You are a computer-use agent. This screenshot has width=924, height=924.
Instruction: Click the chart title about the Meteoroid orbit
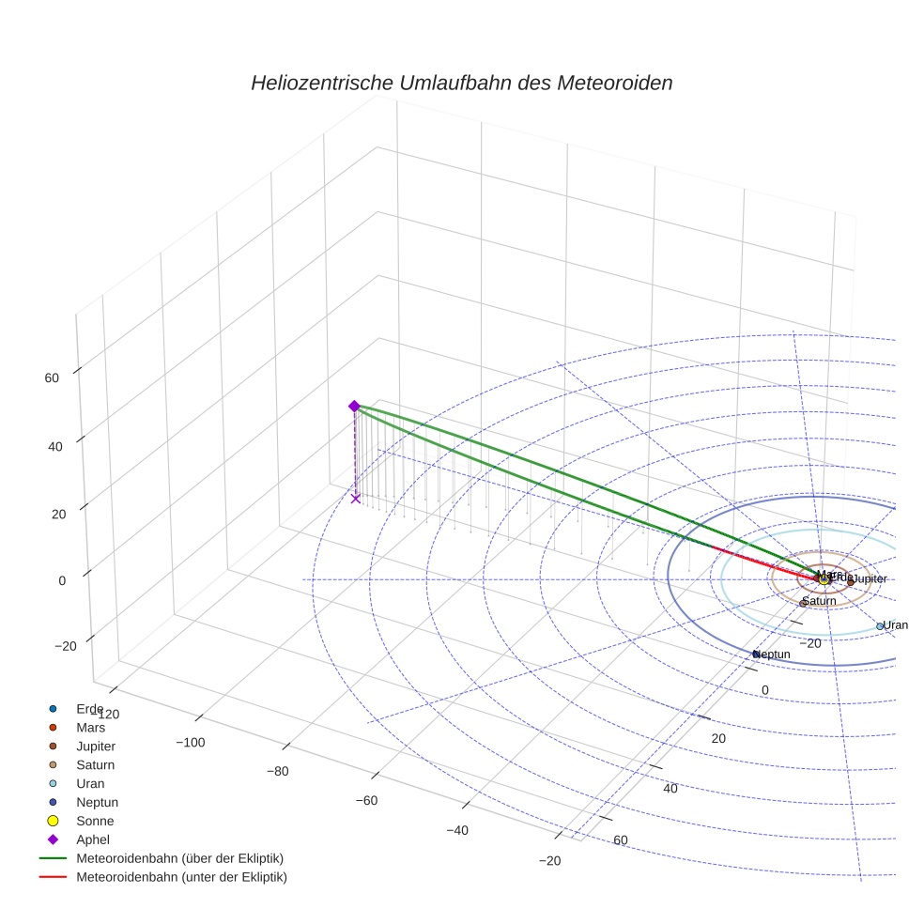pyautogui.click(x=461, y=84)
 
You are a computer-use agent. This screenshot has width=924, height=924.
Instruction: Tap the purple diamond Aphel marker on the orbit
pyautogui.click(x=354, y=406)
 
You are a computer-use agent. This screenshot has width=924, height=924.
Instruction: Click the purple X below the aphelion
pyautogui.click(x=356, y=499)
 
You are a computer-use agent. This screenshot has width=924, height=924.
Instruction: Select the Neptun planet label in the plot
pyautogui.click(x=773, y=654)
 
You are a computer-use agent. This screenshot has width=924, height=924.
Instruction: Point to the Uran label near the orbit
pyautogui.click(x=895, y=625)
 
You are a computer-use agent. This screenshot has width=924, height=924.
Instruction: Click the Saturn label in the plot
pyautogui.click(x=819, y=601)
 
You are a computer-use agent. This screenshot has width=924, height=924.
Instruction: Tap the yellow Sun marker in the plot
pyautogui.click(x=824, y=579)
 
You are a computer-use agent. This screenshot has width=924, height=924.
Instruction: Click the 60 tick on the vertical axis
pyautogui.click(x=51, y=378)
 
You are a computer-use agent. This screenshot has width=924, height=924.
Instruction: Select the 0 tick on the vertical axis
pyautogui.click(x=62, y=580)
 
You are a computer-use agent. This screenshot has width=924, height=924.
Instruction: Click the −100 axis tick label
pyautogui.click(x=190, y=743)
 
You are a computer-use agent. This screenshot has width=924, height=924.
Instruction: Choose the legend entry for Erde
pyautogui.click(x=89, y=708)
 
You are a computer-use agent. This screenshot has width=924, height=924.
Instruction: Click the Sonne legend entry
pyautogui.click(x=95, y=821)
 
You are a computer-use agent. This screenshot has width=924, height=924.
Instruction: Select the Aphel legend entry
pyautogui.click(x=94, y=839)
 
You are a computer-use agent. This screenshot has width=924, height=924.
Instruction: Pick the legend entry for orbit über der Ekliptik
pyautogui.click(x=179, y=858)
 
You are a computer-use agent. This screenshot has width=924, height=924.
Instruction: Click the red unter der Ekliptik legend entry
pyautogui.click(x=181, y=877)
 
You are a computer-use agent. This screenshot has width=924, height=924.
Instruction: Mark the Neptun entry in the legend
pyautogui.click(x=97, y=802)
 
